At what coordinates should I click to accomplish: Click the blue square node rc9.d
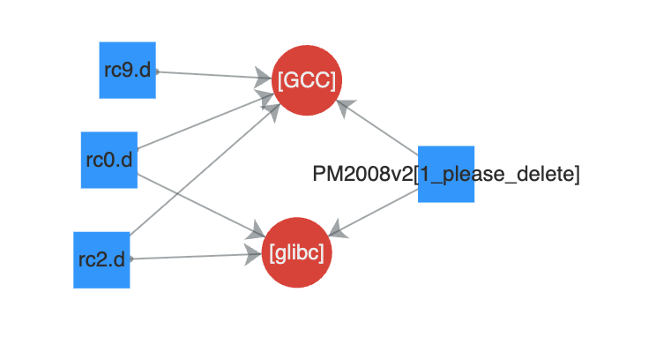127,70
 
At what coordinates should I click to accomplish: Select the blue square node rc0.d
109,160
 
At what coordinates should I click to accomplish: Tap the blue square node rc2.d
101,259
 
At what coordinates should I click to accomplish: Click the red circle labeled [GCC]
306,79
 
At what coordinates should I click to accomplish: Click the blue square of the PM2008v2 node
445,174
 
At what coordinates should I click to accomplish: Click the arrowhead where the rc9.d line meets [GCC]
265,78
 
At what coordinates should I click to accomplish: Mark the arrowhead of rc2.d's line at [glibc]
256,256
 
